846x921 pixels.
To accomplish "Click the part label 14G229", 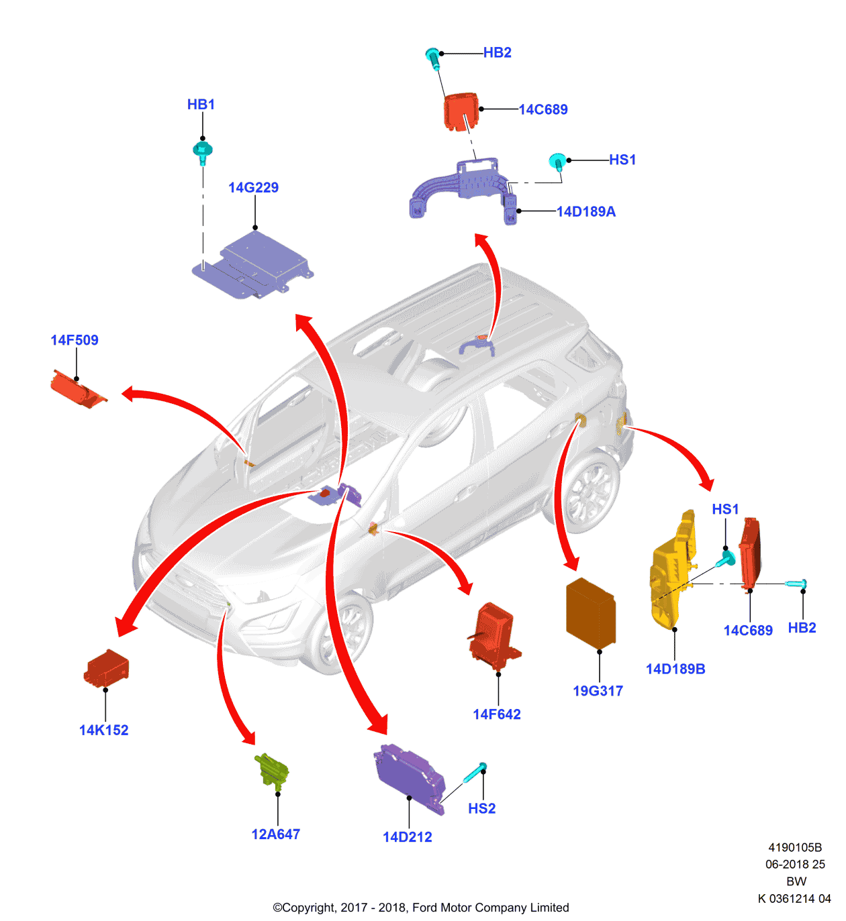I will [253, 188].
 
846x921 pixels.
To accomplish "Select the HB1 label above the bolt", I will [201, 105].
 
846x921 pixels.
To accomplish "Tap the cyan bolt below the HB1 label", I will [202, 152].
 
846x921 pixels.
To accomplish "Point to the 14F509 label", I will [75, 340].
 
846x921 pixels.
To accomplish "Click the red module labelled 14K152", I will [107, 668].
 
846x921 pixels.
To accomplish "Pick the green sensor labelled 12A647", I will [272, 769].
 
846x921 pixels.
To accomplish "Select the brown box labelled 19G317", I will [591, 614].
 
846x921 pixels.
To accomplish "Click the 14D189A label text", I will [586, 212].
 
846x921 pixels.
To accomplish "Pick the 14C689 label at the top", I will [543, 109].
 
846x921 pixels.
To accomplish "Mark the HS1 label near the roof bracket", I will [622, 160].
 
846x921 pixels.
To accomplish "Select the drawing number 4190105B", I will [795, 848].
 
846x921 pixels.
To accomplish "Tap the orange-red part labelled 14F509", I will [78, 390].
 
